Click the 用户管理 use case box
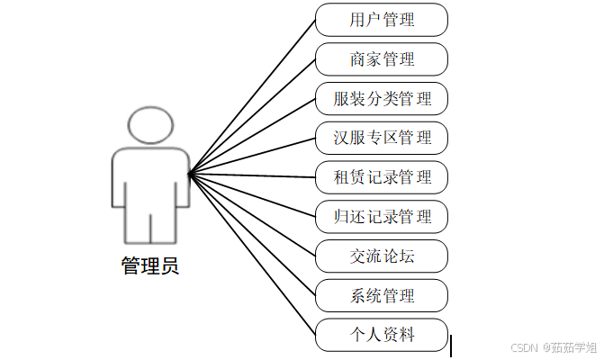click(382, 20)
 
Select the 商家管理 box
click(382, 59)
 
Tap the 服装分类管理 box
click(382, 99)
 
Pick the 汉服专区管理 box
click(382, 138)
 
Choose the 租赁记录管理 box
click(382, 177)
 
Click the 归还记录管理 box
click(382, 217)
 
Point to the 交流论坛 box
click(382, 256)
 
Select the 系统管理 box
click(382, 295)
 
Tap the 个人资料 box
click(382, 335)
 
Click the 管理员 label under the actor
click(149, 266)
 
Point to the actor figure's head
click(149, 126)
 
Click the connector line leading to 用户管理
click(252, 96)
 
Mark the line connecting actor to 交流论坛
click(252, 215)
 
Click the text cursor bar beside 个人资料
click(451, 346)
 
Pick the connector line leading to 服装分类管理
click(252, 136)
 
